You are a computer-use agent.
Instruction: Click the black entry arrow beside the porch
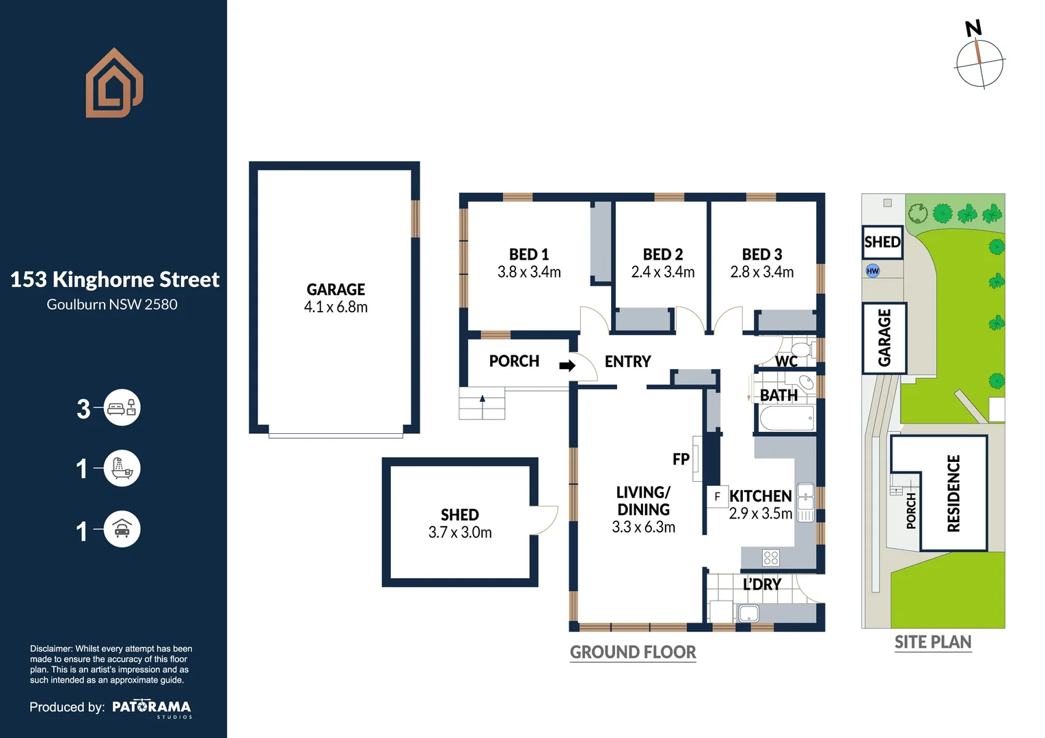567,366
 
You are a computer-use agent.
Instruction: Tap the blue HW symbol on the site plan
873,271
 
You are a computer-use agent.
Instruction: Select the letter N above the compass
974,29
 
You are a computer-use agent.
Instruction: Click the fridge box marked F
718,497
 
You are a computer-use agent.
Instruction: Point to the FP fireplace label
681,459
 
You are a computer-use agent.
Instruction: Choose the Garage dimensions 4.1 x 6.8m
336,307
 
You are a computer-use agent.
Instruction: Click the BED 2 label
663,254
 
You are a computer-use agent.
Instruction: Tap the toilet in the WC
802,349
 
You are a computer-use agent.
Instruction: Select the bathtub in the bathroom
787,418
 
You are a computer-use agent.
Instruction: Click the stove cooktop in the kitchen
771,558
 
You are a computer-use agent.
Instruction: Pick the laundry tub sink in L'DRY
749,613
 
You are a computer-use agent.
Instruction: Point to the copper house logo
114,83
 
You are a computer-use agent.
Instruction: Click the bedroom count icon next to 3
122,408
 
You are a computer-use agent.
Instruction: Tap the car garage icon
122,529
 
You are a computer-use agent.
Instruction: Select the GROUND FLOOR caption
633,652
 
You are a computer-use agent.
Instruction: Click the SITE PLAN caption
933,642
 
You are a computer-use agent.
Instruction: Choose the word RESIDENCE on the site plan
953,493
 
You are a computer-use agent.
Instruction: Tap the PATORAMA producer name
152,707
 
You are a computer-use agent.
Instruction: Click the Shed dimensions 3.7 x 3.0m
460,532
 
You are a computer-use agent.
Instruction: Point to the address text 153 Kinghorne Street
115,279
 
